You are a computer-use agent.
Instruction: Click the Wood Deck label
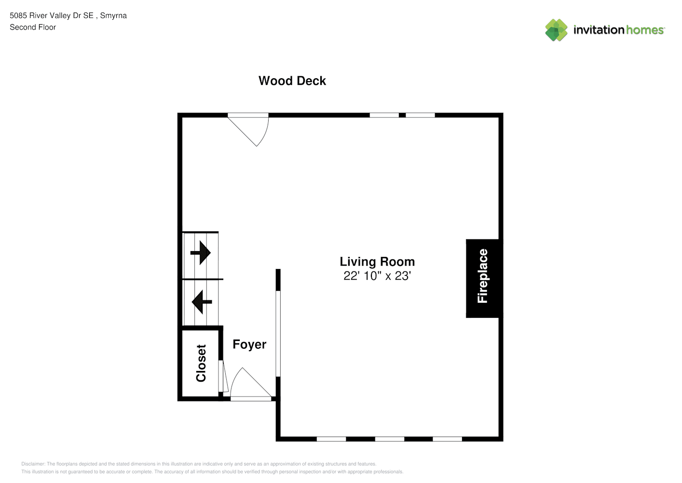click(x=292, y=81)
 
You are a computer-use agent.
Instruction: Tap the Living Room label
click(x=377, y=262)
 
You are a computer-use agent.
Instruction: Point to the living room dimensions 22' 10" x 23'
click(x=377, y=276)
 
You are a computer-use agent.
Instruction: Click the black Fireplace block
click(x=483, y=278)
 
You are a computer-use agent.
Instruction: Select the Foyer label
click(x=249, y=344)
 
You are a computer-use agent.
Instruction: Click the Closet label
click(x=201, y=363)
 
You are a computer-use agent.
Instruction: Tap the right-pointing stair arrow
click(x=201, y=253)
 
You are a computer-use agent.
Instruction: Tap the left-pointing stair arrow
click(x=202, y=302)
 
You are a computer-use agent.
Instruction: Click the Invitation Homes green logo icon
click(x=556, y=30)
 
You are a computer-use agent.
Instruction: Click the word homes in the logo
click(x=645, y=30)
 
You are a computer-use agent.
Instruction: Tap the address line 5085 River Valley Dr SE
click(x=52, y=15)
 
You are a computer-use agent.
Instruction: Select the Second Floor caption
click(x=33, y=27)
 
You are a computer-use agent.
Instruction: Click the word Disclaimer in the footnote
click(x=33, y=464)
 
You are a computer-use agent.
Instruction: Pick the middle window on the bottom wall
click(x=389, y=439)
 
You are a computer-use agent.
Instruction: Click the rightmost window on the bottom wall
click(x=447, y=439)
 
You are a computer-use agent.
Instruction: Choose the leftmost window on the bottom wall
click(x=331, y=439)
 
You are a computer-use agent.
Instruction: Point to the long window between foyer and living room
click(x=278, y=334)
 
